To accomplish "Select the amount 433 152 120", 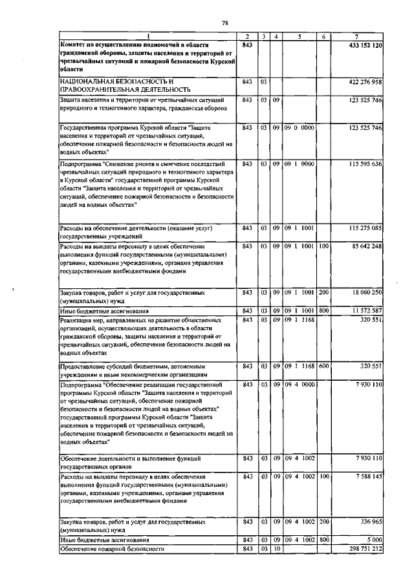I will coord(365,45).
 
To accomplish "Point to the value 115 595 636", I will coord(365,164).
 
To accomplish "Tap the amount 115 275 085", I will coord(365,228).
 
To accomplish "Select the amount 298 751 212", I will coord(365,548).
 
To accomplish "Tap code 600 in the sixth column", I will coord(324,366).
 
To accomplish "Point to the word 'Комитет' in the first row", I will coord(72,45).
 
